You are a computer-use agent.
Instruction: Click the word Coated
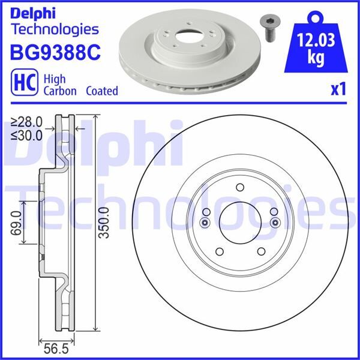[x=101, y=91]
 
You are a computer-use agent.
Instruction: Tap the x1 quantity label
[x=338, y=89]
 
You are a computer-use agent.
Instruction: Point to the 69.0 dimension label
[x=16, y=223]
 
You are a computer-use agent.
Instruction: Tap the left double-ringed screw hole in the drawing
[x=205, y=223]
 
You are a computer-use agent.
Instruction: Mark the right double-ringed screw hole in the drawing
[x=275, y=223]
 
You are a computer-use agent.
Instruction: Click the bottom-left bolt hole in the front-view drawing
[x=218, y=251]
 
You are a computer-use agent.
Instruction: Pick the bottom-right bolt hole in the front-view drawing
[x=261, y=251]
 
